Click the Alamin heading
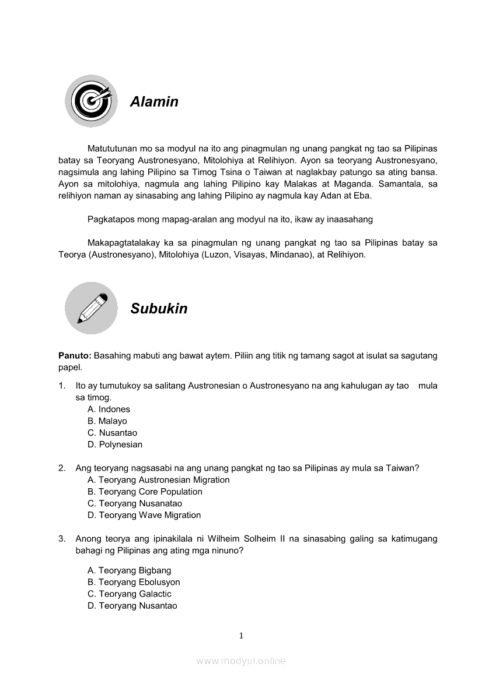point(154,102)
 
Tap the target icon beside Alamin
point(91,101)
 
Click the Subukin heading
point(159,309)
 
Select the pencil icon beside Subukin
point(91,308)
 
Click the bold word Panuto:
point(75,356)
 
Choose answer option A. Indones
point(109,410)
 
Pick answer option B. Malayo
point(107,421)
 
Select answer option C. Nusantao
point(112,433)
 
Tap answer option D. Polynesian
point(114,444)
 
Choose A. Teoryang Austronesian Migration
point(158,480)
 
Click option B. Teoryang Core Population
point(145,492)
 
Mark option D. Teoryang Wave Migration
point(144,515)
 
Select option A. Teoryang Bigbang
point(129,570)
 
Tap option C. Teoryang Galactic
point(129,594)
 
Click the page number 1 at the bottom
point(241,636)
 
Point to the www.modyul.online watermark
point(241,661)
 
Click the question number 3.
point(61,539)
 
